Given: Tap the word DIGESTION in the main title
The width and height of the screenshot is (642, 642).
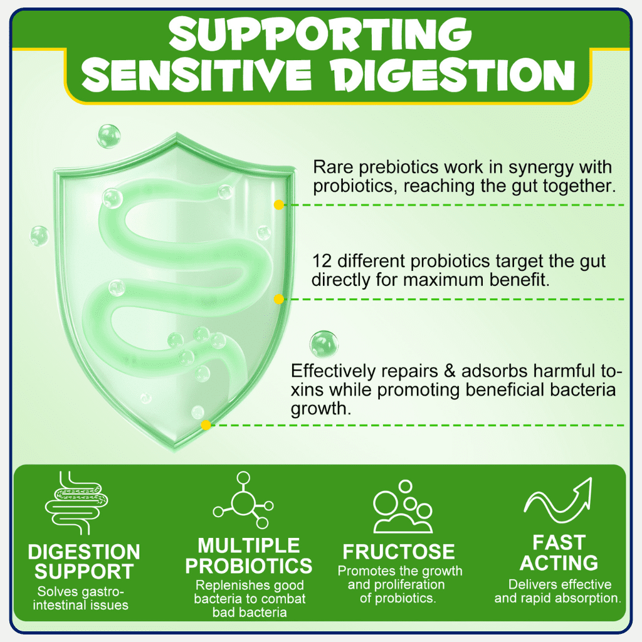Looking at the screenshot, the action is [x=454, y=75].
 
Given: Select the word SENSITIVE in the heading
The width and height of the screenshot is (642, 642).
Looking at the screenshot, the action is [x=196, y=75].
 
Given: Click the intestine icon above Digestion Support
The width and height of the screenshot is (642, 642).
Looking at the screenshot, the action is [x=76, y=503].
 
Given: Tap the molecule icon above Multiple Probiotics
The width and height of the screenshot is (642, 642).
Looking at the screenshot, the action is [x=243, y=500].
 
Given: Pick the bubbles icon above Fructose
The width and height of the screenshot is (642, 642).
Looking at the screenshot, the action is [x=403, y=507].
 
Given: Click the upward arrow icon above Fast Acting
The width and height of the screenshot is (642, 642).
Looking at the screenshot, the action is [x=558, y=500].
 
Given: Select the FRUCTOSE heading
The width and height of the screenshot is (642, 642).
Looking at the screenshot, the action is [x=398, y=552].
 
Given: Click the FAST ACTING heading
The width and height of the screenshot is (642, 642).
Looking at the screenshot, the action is [x=559, y=552].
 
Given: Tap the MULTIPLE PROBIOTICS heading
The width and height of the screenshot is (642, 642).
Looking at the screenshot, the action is [x=248, y=555].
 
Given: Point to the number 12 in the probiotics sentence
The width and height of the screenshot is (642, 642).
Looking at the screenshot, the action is [x=321, y=261].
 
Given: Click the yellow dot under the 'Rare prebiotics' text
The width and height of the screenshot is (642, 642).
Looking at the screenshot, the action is [x=279, y=205].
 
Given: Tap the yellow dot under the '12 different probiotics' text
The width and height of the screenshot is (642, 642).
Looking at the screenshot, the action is [x=279, y=299].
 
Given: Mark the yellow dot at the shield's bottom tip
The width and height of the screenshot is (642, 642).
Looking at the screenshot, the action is [x=206, y=425].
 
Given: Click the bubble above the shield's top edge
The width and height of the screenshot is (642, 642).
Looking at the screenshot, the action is [x=108, y=136].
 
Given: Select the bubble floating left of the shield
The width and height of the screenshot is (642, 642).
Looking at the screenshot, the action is [x=39, y=236].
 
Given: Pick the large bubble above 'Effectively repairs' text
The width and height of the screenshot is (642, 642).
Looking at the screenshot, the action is [x=324, y=344].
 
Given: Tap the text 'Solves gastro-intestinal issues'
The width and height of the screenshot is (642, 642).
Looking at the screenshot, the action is [x=81, y=598].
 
